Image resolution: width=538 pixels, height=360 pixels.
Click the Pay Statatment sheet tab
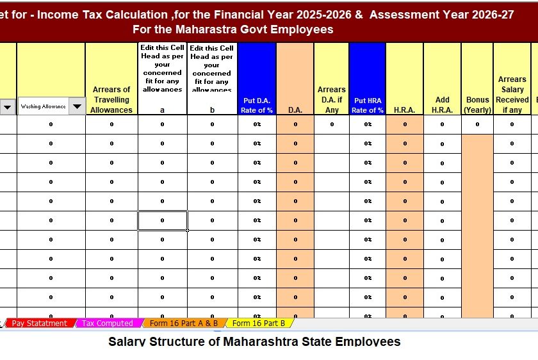coord(39,323)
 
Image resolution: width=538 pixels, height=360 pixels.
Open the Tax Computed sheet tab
coord(107,323)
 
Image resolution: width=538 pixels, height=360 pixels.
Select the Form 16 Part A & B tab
coord(183,323)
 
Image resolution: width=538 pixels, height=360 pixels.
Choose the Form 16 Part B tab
coord(258,323)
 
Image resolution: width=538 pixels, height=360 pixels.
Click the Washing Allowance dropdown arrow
coord(77,106)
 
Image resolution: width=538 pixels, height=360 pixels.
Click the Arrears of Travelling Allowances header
coord(111,100)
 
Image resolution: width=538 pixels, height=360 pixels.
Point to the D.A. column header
coord(295,110)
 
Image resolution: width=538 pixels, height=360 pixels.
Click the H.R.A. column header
coord(405,110)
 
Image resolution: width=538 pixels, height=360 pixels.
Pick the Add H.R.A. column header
coord(442,104)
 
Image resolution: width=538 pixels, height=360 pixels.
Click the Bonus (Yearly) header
coord(477,104)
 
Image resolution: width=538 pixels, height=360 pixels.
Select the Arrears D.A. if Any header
coord(332,99)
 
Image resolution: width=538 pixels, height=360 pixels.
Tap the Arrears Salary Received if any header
coord(512,95)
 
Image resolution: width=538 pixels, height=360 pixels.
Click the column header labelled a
coord(163,110)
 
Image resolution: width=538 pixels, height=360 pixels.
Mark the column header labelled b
coord(213,110)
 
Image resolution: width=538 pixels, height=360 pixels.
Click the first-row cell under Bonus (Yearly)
coord(477,124)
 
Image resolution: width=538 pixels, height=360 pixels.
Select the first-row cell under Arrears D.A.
coord(332,124)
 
